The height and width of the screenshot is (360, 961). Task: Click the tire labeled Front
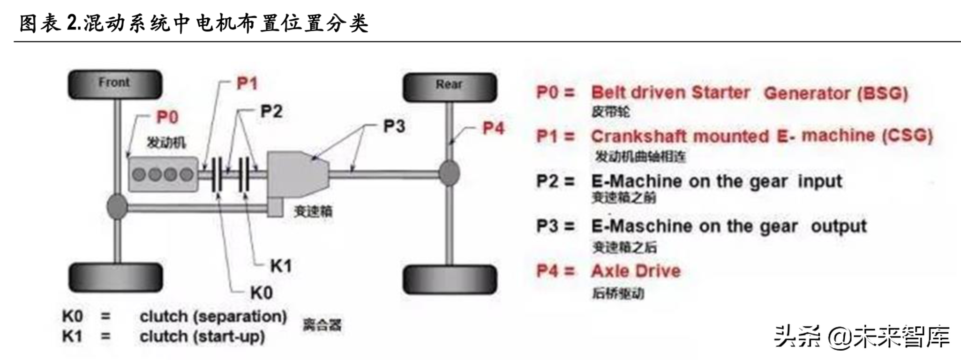[115, 84]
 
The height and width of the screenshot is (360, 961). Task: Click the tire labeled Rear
[450, 87]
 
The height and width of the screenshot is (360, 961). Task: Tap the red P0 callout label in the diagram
[167, 117]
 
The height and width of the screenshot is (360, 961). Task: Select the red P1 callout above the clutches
[247, 83]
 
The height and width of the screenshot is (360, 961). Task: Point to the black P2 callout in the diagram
[271, 111]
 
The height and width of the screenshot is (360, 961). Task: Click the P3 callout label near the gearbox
[394, 126]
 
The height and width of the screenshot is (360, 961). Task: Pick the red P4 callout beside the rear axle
[493, 128]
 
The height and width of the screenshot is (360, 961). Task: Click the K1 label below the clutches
[281, 266]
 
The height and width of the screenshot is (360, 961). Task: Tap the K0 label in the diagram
[261, 293]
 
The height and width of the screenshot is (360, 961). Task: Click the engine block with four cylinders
[163, 174]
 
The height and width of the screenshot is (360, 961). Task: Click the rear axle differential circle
[449, 173]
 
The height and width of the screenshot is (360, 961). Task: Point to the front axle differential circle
[117, 207]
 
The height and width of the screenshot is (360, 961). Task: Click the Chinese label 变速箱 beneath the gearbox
[313, 211]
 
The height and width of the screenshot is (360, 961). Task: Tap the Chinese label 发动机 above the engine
[166, 142]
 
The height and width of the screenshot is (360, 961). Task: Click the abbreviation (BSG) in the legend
[883, 93]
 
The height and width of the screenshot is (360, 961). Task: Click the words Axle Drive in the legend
[636, 271]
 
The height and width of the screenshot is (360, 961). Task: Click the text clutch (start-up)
[202, 337]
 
